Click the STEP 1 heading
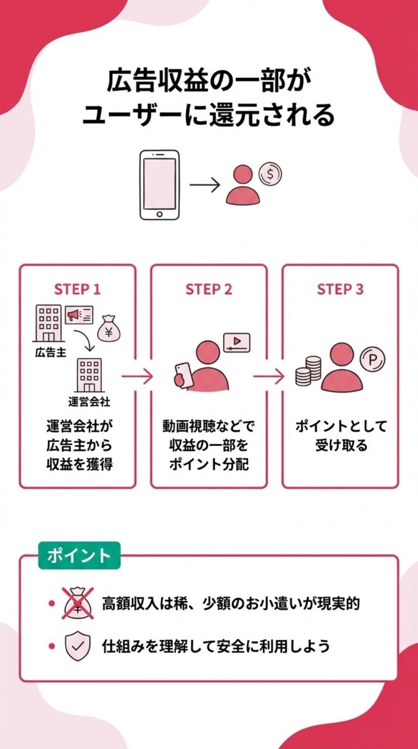coord(77,289)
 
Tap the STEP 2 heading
coord(209,289)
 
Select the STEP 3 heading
coord(340,289)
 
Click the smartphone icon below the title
coord(160,185)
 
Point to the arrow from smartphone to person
coord(205,185)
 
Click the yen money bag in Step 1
coord(109,329)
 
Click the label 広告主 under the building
coord(51,352)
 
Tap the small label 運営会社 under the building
coord(89,402)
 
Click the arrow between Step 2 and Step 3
coord(268,376)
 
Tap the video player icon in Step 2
coord(237,342)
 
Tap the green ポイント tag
coord(79,555)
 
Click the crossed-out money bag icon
coord(78,604)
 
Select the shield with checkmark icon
coord(78,646)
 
